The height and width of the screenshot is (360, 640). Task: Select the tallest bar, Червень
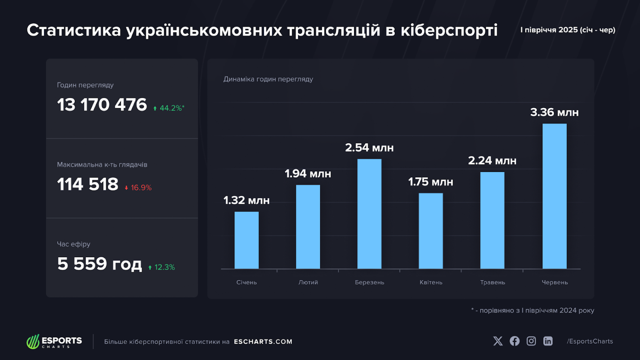point(554,196)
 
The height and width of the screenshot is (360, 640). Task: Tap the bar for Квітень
point(431,231)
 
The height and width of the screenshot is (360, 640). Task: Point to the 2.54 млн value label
point(369,148)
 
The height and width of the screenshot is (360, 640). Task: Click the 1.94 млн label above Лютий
point(308,174)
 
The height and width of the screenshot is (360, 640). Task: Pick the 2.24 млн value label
point(492,161)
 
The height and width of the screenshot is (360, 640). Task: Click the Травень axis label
point(492,283)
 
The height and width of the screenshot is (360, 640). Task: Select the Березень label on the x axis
point(369,283)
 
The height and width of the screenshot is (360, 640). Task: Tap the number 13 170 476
point(102,105)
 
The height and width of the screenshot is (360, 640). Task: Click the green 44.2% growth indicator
point(169,108)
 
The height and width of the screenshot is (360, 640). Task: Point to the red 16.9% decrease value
point(138,188)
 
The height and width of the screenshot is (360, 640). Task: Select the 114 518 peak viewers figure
point(88,185)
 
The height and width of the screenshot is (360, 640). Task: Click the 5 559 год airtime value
point(99,264)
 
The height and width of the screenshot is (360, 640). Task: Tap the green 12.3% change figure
point(162,268)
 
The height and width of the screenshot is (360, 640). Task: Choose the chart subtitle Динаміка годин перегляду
point(268,79)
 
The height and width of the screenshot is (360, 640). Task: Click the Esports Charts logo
point(54,342)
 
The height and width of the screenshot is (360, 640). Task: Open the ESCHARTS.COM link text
point(263,342)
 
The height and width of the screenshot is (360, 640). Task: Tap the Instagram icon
point(531,341)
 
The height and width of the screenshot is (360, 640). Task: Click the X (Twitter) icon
point(498,341)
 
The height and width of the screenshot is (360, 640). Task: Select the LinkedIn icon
point(548,341)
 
